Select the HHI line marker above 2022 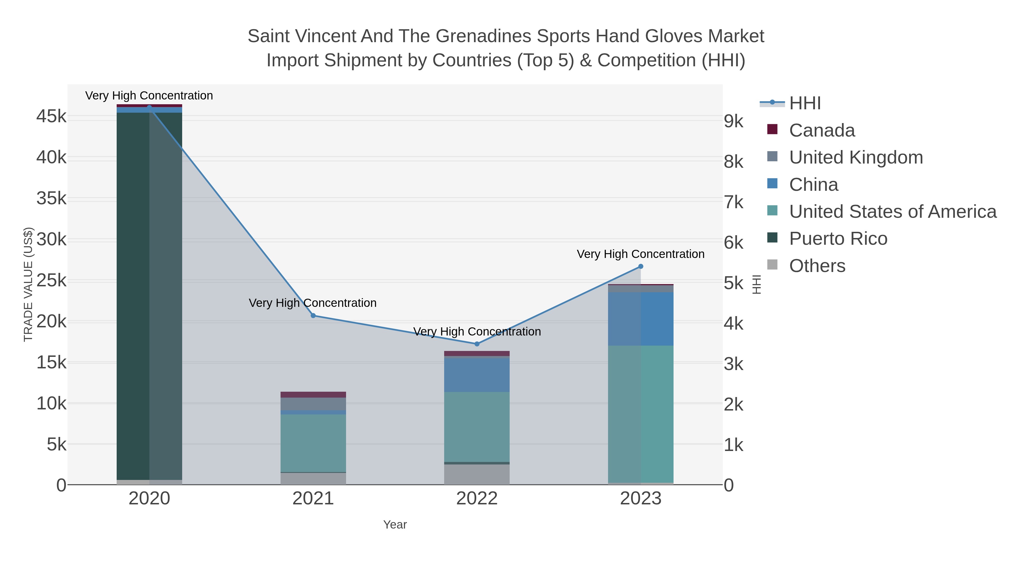pos(477,344)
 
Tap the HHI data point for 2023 pos(641,267)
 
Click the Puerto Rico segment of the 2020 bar pos(149,294)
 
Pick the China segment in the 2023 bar pos(641,318)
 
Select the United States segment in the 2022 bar pos(477,427)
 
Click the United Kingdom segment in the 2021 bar pos(313,404)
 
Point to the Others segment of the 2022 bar pos(477,474)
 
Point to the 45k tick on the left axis pos(51,117)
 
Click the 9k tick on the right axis pos(733,121)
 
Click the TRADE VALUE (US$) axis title pos(28,284)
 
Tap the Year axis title pos(395,525)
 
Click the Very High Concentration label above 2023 pos(640,254)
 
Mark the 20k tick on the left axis pos(51,322)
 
